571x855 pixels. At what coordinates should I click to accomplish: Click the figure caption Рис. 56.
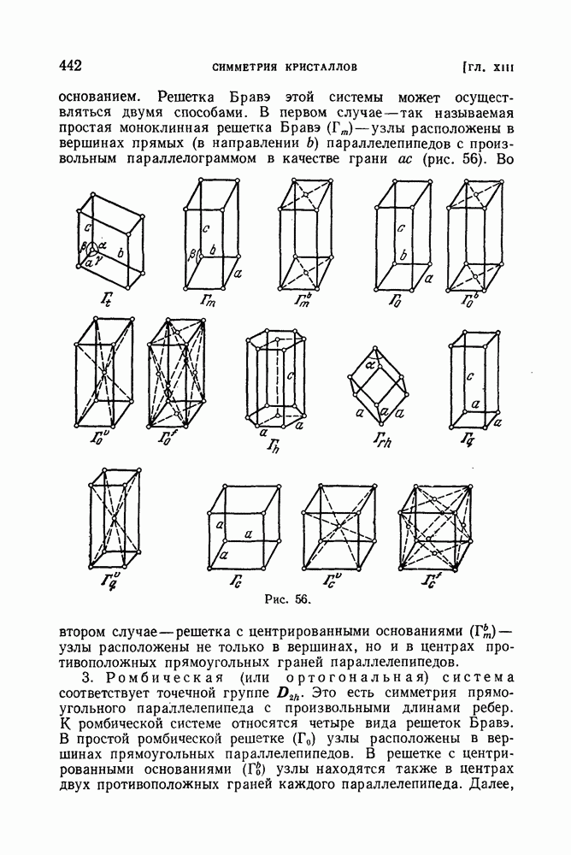283,599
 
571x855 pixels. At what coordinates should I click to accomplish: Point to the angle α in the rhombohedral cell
370,363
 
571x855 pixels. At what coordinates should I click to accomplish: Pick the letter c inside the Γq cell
470,374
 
